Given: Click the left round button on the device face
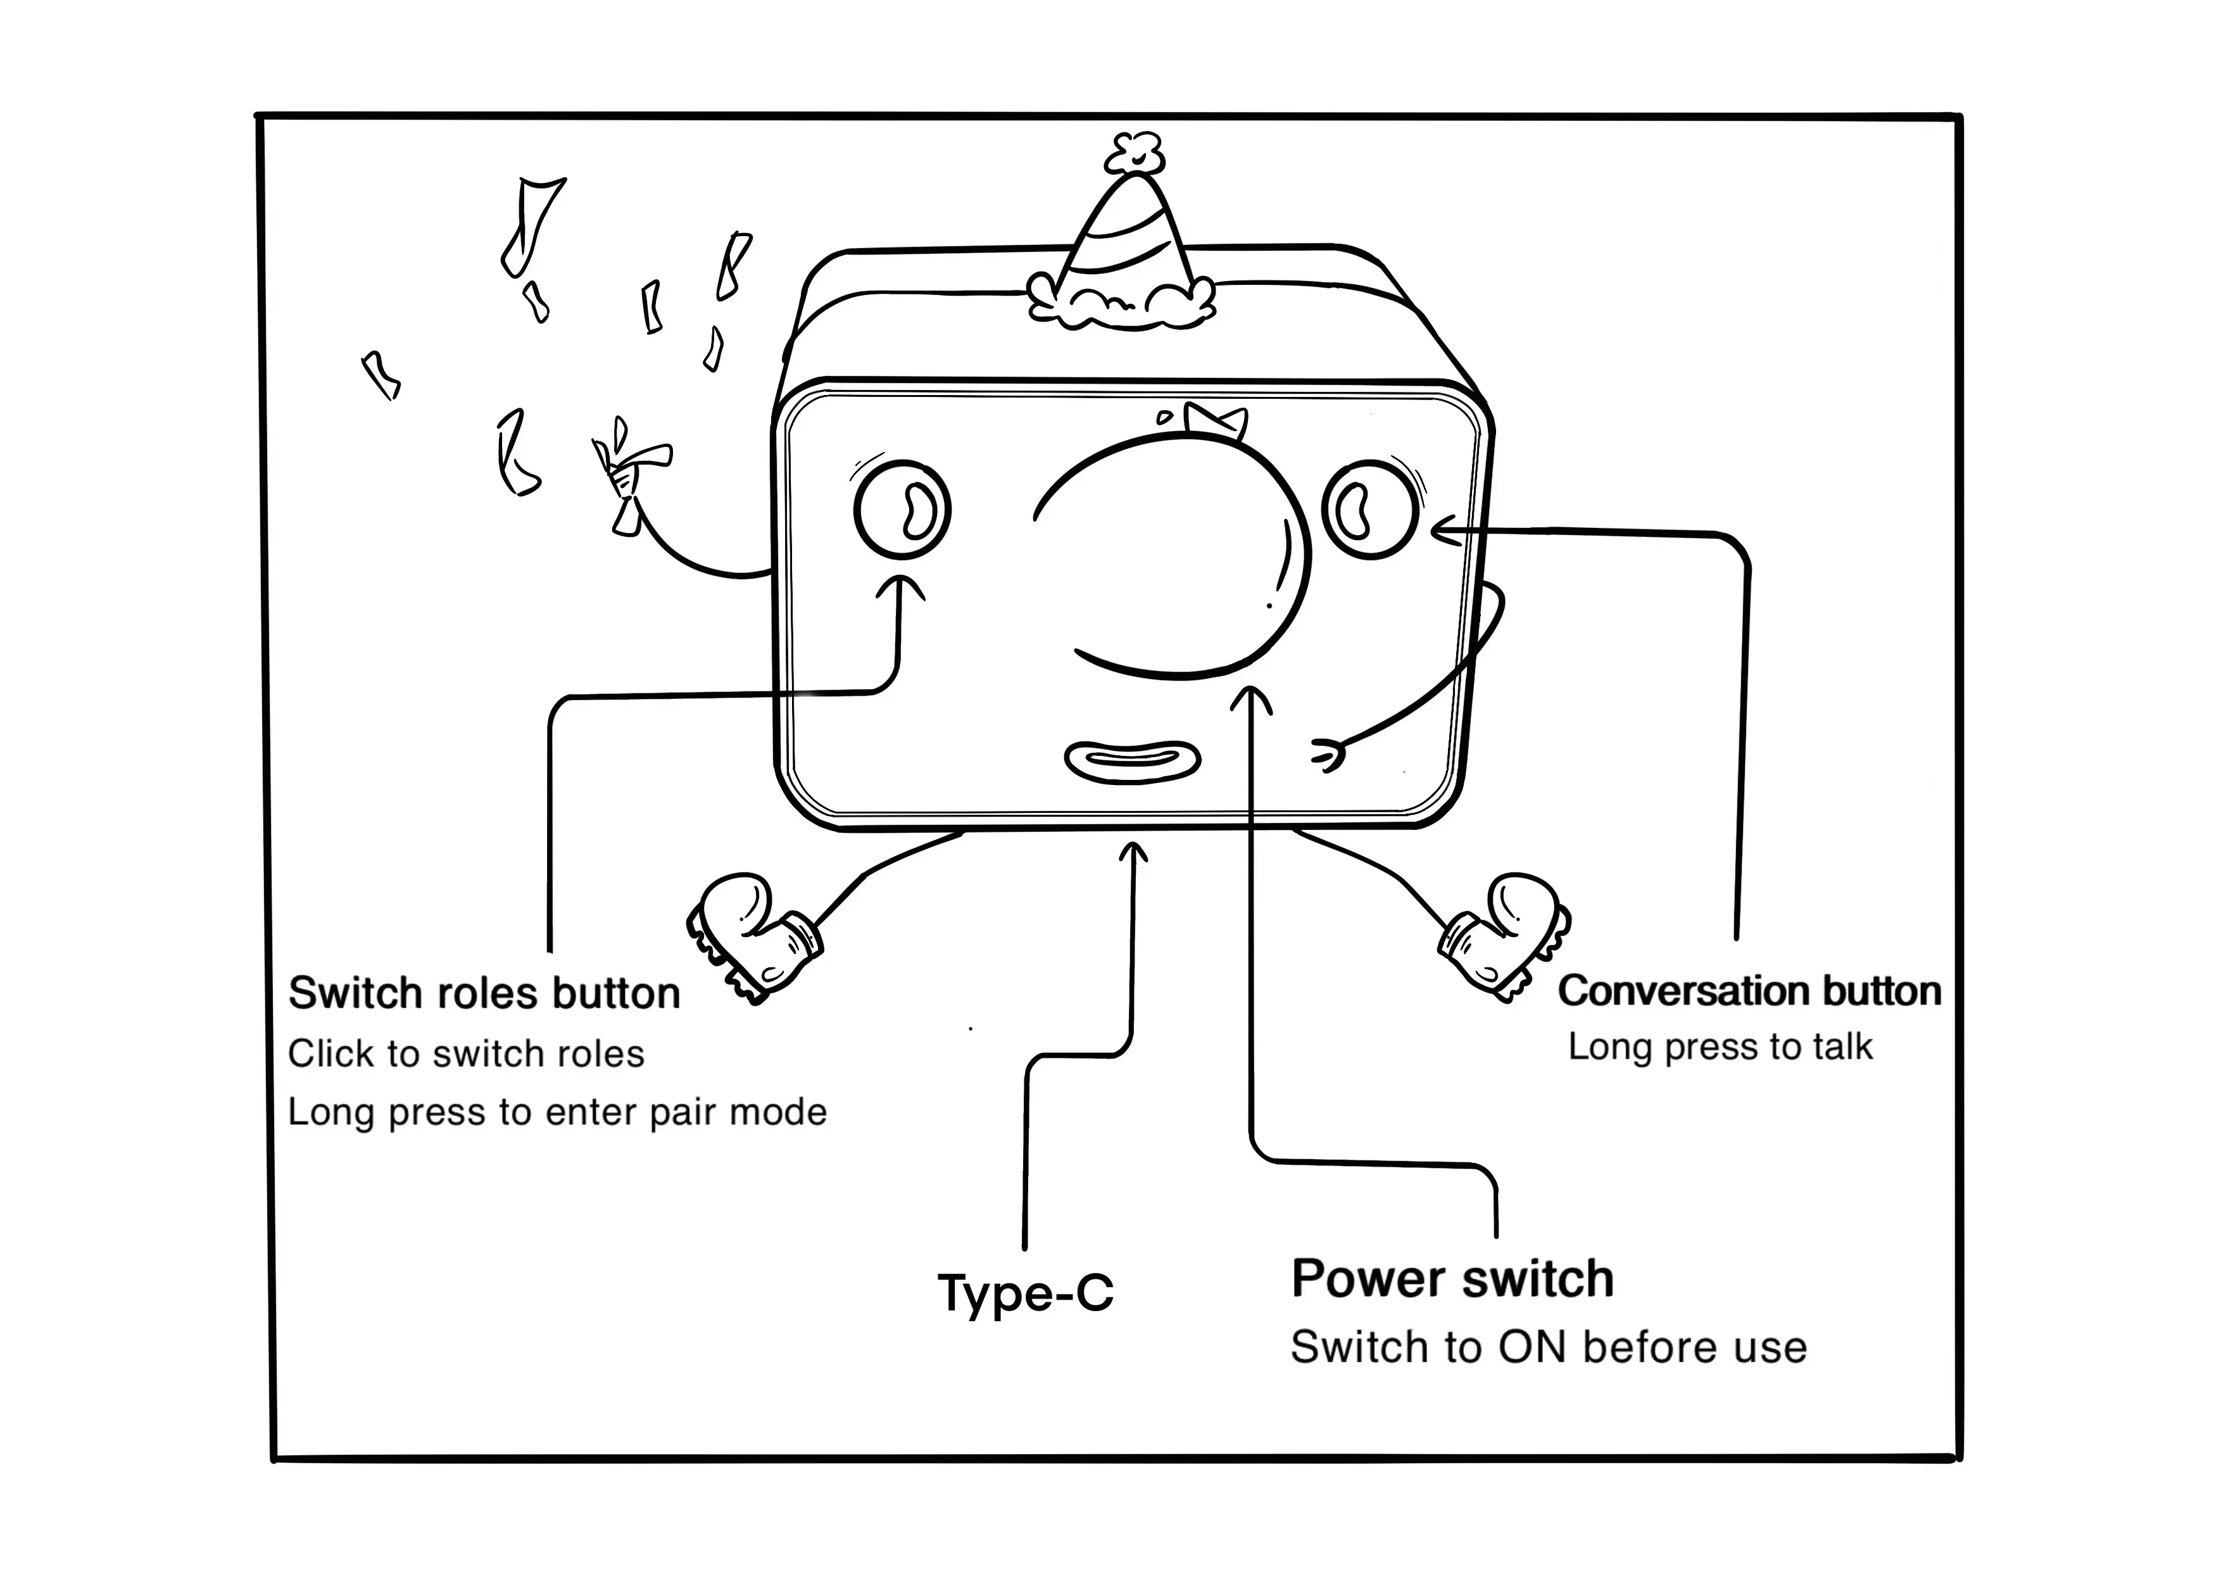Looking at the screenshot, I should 902,510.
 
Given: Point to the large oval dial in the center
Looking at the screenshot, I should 1175,556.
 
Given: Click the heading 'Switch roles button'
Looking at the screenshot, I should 484,993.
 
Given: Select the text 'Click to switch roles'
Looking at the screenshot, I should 465,1053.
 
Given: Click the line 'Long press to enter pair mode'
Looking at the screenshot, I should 557,1112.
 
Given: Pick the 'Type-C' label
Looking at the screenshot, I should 1026,1292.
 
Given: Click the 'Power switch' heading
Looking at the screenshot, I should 1452,1279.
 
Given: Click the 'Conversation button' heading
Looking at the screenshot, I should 1749,991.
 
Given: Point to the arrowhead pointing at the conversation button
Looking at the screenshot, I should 1444,530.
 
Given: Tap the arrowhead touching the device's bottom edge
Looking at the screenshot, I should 1133,851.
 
